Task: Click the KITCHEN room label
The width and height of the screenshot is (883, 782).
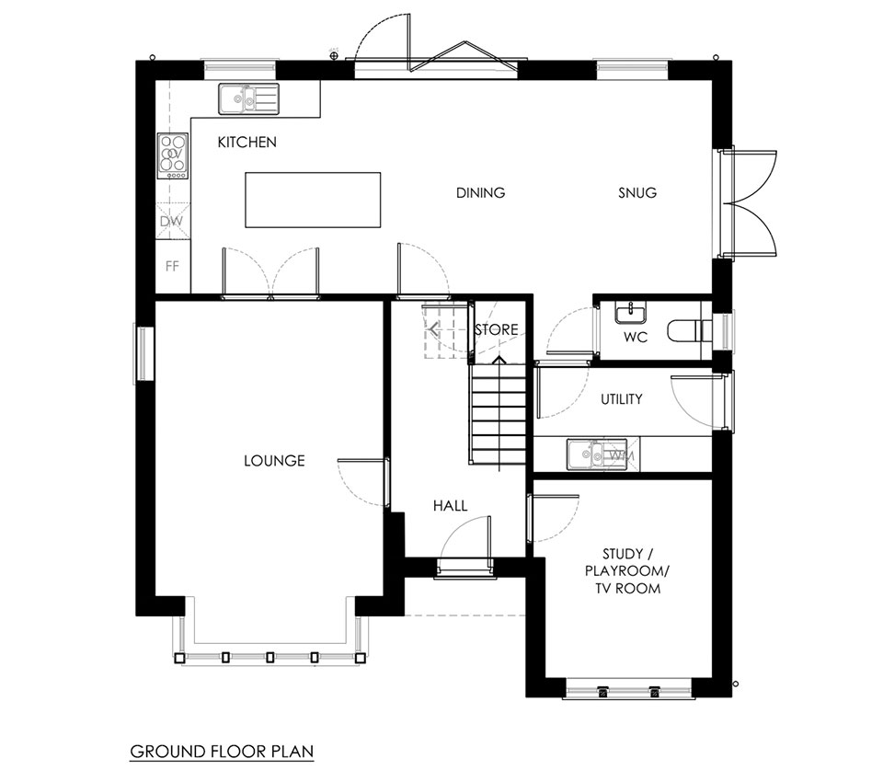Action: tap(247, 142)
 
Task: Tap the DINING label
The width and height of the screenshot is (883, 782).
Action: tap(480, 192)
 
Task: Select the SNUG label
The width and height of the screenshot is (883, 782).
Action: tap(637, 192)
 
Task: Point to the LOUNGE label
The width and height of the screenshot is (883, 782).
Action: tap(274, 461)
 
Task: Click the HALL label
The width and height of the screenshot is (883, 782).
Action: tap(450, 506)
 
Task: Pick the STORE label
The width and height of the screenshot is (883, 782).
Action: tap(496, 329)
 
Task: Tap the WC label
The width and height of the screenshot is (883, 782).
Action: tap(636, 338)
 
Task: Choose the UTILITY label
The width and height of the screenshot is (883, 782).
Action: tap(621, 399)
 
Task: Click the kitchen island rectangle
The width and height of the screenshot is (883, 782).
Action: tap(313, 200)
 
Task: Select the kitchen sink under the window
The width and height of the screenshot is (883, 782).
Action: tap(249, 98)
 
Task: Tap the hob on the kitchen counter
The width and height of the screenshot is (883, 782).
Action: tap(172, 156)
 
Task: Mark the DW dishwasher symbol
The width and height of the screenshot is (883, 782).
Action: tap(172, 221)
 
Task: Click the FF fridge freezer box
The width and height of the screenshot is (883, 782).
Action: tap(172, 266)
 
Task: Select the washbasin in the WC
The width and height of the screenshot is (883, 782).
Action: tap(630, 313)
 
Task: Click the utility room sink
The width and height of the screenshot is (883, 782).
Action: tap(596, 454)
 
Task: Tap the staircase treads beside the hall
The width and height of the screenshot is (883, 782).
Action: tap(499, 414)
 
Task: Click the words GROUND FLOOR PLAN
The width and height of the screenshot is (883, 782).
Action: tap(222, 752)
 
